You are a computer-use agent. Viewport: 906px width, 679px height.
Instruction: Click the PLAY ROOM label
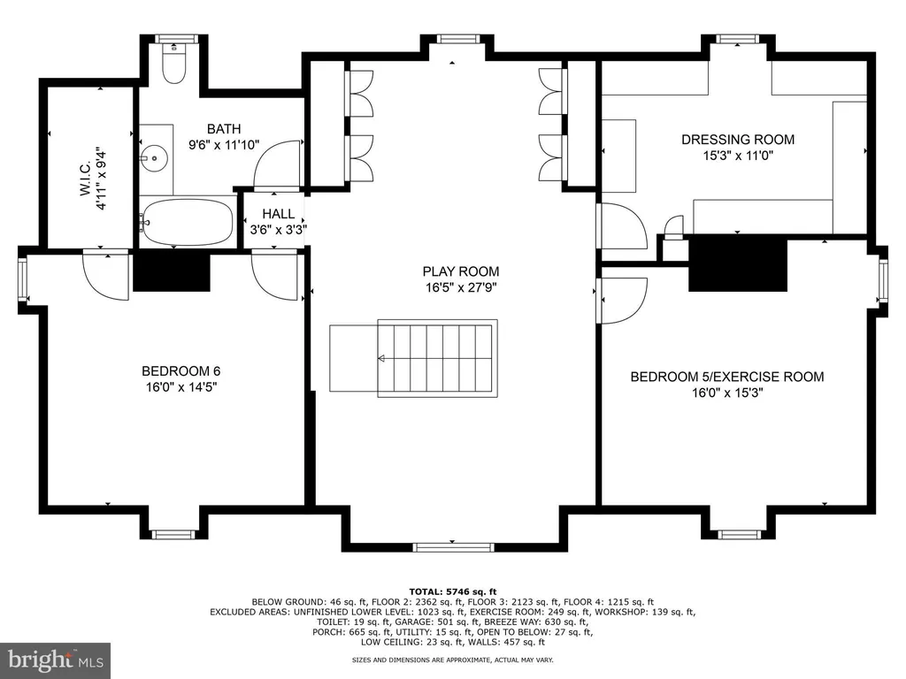[460, 271]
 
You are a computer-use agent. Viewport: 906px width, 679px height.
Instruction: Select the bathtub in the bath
[188, 222]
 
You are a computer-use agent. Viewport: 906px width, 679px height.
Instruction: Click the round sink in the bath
[154, 157]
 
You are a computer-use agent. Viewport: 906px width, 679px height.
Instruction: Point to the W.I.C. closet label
[85, 179]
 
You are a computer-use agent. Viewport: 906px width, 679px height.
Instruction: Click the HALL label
[278, 214]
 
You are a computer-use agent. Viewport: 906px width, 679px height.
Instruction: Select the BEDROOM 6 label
[180, 370]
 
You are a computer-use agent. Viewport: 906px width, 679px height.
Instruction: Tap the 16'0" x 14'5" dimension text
[180, 387]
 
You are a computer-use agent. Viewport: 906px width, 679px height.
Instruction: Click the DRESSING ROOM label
[738, 139]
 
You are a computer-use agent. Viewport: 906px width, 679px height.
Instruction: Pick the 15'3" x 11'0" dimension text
[738, 156]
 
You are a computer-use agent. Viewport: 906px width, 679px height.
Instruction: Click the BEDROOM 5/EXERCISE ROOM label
[727, 377]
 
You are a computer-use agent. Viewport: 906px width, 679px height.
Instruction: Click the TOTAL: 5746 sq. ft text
[453, 591]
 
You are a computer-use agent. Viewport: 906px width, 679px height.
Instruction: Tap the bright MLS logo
[56, 660]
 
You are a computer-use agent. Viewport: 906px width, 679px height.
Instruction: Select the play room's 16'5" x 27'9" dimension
[461, 287]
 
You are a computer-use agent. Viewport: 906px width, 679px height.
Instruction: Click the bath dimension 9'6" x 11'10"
[224, 145]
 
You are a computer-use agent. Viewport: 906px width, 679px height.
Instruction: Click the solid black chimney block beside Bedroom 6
[172, 271]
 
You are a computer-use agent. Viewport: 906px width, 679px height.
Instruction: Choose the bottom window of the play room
[452, 547]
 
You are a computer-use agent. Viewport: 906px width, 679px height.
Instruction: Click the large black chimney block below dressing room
[738, 263]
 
